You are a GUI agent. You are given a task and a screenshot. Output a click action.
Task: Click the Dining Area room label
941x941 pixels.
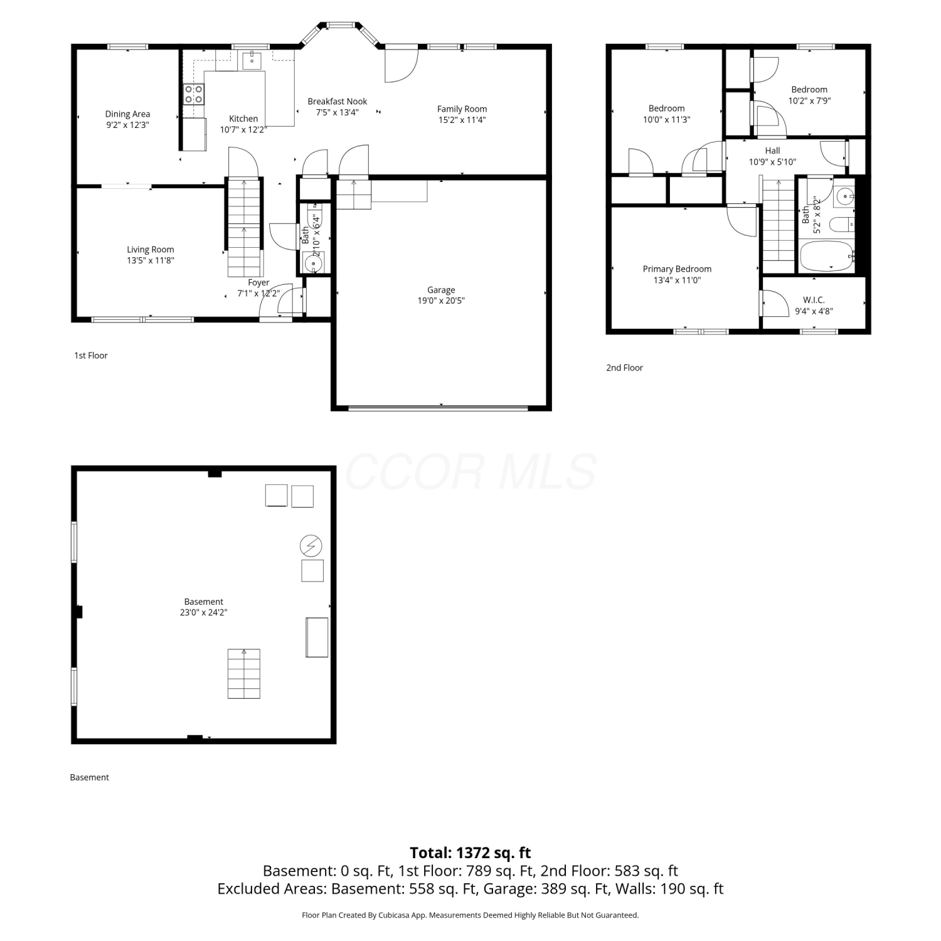pos(127,114)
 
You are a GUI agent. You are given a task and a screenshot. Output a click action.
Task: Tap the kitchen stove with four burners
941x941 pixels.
pos(194,94)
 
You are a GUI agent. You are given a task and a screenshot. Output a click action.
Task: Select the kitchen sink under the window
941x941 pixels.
pos(252,61)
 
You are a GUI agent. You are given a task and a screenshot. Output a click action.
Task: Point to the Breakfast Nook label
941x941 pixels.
pos(337,102)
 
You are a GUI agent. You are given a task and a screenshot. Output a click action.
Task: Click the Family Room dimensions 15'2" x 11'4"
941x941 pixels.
pos(462,120)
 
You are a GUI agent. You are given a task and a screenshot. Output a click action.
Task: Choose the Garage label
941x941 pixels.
pos(441,290)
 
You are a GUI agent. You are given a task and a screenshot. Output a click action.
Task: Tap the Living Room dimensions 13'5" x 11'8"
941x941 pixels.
pos(151,260)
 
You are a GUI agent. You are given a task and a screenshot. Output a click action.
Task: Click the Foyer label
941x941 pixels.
pos(258,283)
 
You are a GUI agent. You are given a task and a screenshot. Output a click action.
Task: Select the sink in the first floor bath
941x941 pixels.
pos(314,263)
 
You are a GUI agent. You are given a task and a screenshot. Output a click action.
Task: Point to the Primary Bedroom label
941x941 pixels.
pos(677,269)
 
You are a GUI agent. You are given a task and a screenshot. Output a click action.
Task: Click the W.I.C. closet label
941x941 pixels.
pos(814,300)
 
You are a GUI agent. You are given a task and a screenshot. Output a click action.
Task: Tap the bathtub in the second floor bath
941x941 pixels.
pos(827,257)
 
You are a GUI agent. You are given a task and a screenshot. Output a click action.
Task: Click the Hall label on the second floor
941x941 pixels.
pos(772,151)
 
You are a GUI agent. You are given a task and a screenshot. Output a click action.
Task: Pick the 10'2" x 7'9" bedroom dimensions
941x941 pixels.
pos(809,100)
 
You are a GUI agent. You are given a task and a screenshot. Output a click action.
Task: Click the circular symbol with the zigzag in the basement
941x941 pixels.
pos(311,546)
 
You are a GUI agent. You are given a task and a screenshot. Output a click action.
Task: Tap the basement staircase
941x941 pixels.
pos(243,674)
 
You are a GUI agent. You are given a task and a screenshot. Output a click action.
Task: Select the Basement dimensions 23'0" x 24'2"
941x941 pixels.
pos(203,612)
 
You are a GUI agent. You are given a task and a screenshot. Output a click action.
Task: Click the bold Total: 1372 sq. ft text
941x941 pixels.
pos(470,853)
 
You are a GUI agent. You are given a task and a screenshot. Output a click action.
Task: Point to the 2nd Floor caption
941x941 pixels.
pos(624,368)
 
